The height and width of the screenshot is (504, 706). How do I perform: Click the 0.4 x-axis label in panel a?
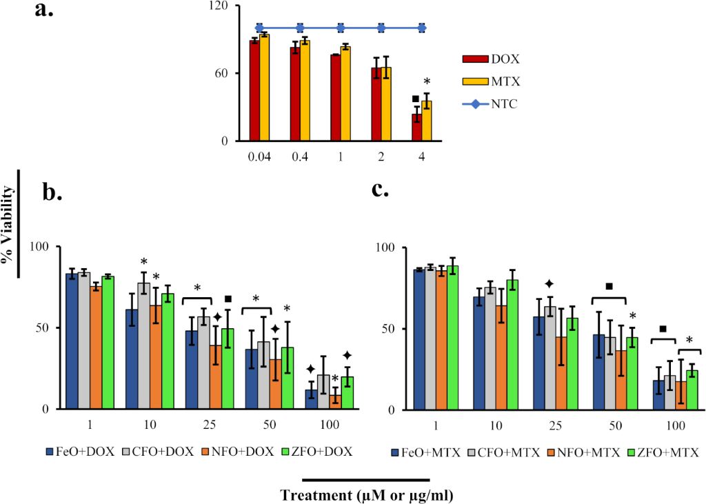300,157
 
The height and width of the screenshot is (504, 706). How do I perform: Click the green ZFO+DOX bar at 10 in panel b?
168,351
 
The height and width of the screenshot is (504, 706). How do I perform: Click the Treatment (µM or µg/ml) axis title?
366,494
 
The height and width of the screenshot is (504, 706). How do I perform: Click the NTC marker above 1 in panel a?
341,28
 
